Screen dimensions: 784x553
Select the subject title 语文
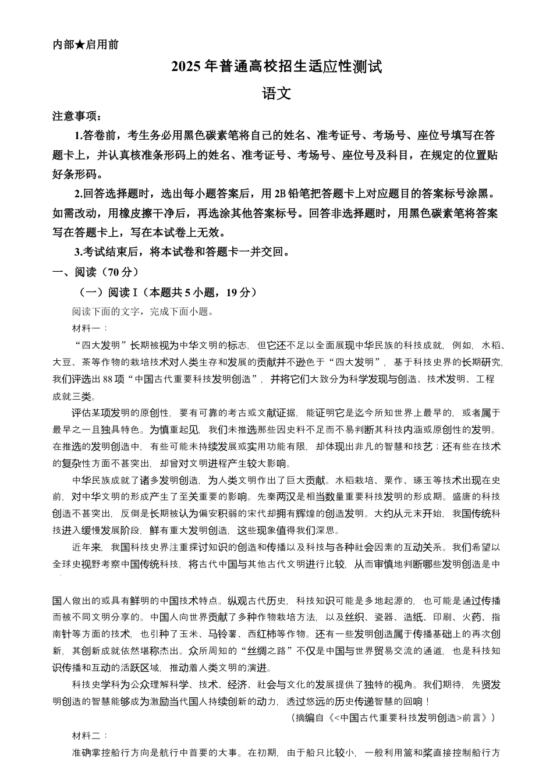[x=276, y=93]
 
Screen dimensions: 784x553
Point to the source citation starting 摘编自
[x=392, y=718]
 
